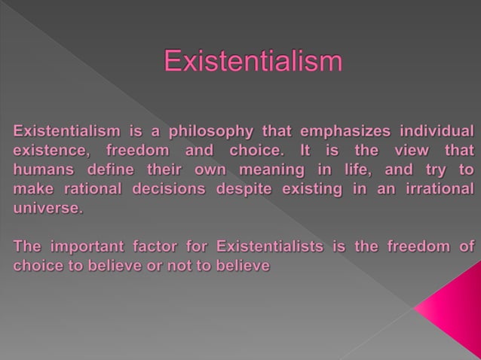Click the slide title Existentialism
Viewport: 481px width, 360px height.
[253, 61]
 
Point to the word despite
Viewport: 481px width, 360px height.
[244, 189]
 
